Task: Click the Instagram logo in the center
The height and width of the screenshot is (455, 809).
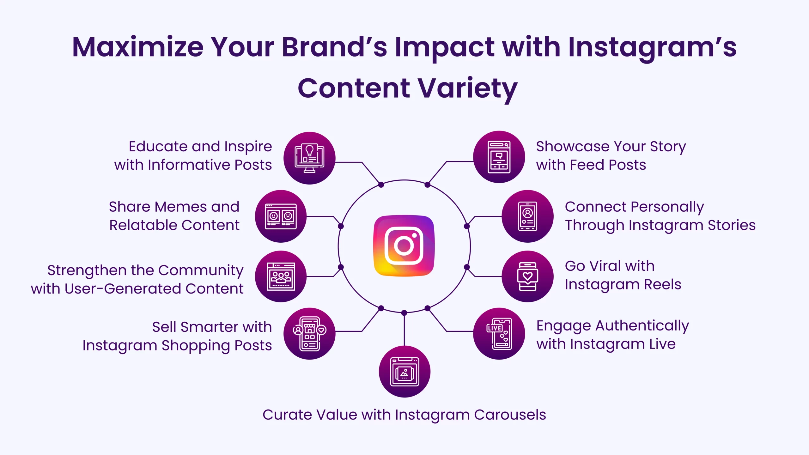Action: click(404, 246)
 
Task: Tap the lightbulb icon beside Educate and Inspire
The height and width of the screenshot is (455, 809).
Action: click(309, 158)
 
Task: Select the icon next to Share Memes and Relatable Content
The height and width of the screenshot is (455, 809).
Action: click(281, 216)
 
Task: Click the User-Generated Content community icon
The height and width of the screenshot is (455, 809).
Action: click(281, 276)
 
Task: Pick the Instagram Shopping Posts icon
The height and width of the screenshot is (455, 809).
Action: click(309, 334)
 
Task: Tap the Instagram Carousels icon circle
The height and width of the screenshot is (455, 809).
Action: click(404, 372)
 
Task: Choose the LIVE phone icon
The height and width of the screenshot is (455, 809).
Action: click(499, 334)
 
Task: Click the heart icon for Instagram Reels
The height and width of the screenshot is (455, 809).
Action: click(528, 276)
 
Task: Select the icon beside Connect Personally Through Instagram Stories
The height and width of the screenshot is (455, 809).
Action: click(528, 216)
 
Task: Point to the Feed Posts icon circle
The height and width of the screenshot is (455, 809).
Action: click(499, 157)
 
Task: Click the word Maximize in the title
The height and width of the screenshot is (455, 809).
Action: click(138, 47)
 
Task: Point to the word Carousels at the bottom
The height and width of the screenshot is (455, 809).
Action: click(510, 415)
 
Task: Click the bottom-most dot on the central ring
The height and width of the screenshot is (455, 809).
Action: click(404, 313)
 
